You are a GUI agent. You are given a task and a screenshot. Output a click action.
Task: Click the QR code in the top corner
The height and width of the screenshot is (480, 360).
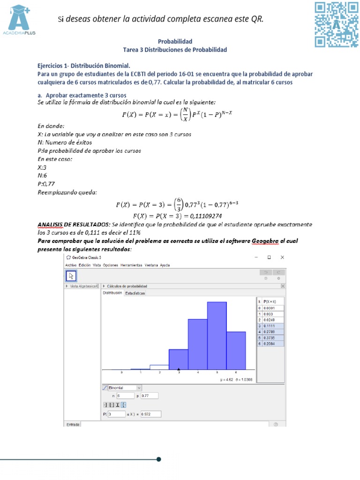point(336,24)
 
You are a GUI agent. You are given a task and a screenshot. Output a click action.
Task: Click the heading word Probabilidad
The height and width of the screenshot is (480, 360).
point(175,41)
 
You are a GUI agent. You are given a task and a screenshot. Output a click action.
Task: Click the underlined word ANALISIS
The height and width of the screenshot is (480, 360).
point(50,225)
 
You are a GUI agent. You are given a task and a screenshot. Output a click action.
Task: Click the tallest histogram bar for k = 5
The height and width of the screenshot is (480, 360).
point(217,335)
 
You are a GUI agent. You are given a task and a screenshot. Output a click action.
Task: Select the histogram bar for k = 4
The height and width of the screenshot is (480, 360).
point(197,344)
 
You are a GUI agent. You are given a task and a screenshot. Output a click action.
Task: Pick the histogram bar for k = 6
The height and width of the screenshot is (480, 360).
point(236,350)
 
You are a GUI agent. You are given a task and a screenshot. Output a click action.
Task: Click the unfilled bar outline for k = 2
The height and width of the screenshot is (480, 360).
point(159,367)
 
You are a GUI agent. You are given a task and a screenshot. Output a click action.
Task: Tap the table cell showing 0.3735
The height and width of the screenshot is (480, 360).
point(270,337)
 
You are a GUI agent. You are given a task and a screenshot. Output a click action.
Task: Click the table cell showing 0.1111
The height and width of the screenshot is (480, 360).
point(270,325)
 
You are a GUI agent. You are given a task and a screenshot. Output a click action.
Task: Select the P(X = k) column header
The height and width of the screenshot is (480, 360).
point(270,301)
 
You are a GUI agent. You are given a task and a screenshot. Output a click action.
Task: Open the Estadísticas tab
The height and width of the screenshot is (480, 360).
point(135,293)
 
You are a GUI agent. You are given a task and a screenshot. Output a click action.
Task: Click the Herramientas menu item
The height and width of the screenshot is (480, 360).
point(131,265)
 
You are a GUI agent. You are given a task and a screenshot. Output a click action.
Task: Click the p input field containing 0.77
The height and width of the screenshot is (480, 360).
point(150,396)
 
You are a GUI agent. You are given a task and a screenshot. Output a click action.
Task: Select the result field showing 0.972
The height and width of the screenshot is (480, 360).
point(150,414)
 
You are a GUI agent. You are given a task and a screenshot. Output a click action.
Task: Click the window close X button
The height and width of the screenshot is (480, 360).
point(282,257)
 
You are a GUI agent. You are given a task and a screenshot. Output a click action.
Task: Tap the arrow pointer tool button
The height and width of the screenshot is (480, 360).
point(72,275)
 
